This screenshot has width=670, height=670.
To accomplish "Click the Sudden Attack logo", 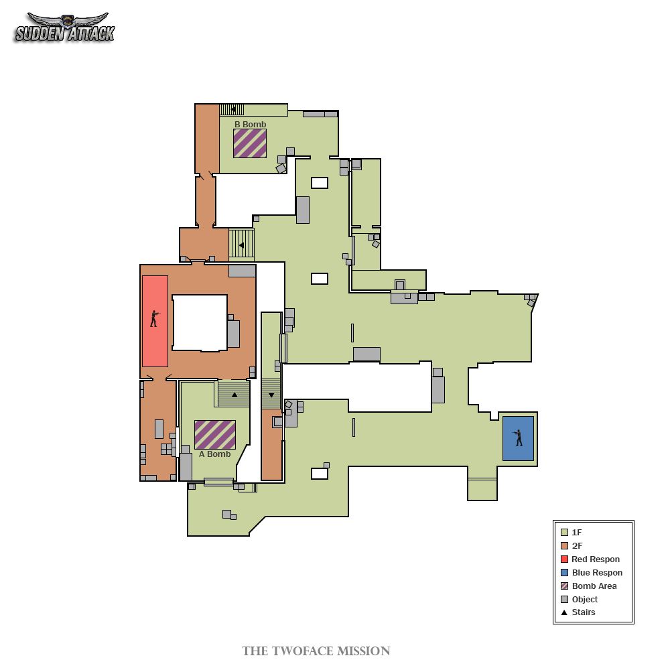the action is pos(64,27).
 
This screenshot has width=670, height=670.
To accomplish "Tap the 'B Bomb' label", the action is pos(250,125).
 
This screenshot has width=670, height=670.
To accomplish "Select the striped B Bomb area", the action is pos(250,143).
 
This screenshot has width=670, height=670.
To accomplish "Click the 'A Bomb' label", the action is pos(214,454).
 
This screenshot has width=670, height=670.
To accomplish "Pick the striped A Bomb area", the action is pos(215,435).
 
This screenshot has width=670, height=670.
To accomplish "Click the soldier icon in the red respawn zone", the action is pos(155,319).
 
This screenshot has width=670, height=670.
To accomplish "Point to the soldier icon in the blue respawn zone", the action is pos(519,438).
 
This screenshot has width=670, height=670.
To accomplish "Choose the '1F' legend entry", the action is pos(572,533).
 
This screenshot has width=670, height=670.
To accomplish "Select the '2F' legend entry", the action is pos(572,545).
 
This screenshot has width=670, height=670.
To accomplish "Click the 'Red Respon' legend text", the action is pos(596,559).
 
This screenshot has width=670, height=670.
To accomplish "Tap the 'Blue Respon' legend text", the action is pos(597,573).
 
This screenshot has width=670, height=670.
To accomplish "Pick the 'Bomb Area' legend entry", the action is pos(589,586).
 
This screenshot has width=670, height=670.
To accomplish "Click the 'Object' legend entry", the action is pos(580,599).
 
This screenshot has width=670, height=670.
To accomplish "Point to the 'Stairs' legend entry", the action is pos(578,612).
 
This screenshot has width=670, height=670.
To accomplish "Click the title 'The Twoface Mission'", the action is pos(316,651).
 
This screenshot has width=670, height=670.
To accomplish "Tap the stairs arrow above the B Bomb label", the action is pos(233,109).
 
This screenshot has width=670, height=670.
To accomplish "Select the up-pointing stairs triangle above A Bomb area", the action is pos(234,395).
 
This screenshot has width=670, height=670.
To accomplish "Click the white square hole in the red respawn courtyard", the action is pos(200,323).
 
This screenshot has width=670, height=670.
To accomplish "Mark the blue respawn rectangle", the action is pos(518,438).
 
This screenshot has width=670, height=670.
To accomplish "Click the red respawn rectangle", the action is pos(155,321).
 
